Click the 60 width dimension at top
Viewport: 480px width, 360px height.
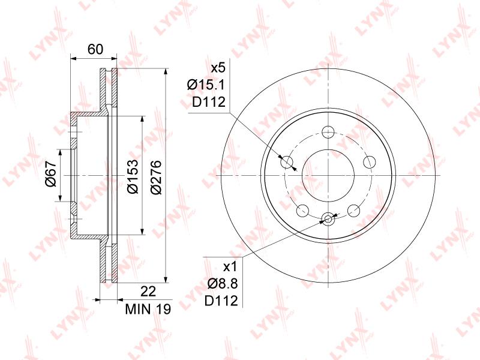pos(95,49)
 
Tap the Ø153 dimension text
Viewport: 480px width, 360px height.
pos(133,176)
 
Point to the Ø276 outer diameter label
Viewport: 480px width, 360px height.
pos(155,176)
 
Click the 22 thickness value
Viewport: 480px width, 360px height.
pos(148,291)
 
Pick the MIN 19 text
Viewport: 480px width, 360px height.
pos(148,309)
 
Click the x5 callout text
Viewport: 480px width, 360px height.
pos(218,68)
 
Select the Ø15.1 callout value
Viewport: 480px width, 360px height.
pos(206,85)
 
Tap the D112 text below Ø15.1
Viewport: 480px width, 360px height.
pos(209,102)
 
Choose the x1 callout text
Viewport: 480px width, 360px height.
pos(230,267)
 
